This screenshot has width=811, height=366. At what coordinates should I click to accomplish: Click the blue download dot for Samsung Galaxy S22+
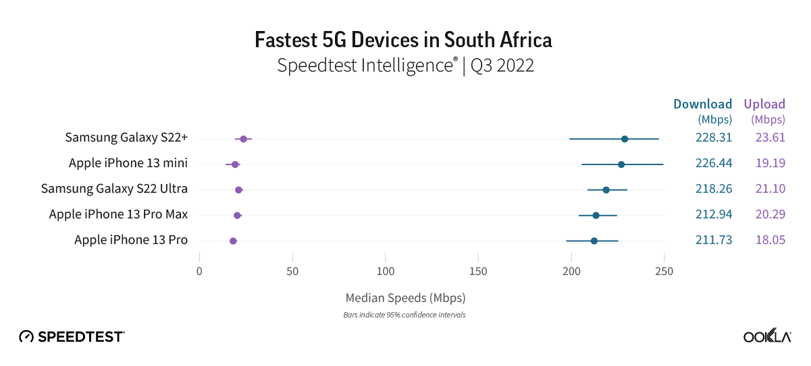[625, 139]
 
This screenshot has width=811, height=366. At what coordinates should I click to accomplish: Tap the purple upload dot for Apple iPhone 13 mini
[235, 164]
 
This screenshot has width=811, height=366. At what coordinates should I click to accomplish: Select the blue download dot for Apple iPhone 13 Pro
[594, 241]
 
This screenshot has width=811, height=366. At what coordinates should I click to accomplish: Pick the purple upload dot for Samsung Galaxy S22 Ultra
[238, 190]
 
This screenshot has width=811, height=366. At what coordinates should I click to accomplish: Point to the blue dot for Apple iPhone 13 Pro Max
[596, 215]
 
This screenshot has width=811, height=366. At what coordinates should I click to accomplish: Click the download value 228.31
[714, 138]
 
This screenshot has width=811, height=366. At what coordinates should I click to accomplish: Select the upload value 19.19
[770, 163]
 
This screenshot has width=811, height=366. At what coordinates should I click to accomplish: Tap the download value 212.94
[714, 214]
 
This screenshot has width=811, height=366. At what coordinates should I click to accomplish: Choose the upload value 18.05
[770, 239]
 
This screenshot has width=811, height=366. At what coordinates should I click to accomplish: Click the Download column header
[702, 104]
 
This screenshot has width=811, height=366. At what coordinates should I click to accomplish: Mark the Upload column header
[764, 104]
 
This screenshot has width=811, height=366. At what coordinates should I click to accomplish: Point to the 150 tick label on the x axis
[478, 271]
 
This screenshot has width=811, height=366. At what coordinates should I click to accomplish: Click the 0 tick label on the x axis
[199, 271]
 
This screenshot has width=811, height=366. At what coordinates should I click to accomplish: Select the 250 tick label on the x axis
[664, 271]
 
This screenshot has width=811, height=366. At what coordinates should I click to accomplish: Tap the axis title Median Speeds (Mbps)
[405, 297]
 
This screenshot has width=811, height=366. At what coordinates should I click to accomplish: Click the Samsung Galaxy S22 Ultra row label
[114, 189]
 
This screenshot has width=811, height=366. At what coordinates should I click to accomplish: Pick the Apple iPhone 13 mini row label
[128, 163]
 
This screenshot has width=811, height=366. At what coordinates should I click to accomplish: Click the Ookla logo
[767, 336]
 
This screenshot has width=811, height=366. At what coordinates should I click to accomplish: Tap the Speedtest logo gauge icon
[26, 336]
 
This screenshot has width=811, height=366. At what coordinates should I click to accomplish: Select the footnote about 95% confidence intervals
[405, 315]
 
